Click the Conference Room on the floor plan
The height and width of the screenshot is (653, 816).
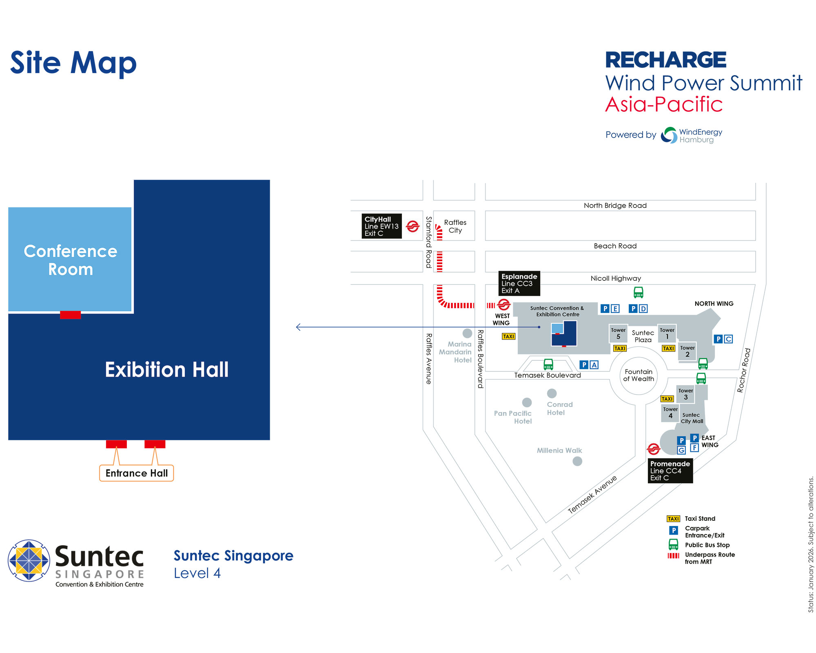point(70,260)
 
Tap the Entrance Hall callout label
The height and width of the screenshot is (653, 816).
point(137,473)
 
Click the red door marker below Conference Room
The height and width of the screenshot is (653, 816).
point(70,315)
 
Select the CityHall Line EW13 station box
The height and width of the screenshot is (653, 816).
point(381,226)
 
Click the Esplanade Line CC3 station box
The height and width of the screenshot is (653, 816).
point(519,283)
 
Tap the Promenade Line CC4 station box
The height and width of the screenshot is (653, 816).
point(670,471)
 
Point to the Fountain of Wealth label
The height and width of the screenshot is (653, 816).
point(639,375)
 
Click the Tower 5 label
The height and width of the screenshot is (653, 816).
point(618,333)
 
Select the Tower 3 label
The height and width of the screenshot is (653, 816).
point(685,394)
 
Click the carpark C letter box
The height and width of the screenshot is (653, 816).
point(728,339)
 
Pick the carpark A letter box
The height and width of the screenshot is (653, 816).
point(594,365)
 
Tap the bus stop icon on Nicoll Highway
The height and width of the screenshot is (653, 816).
point(638,292)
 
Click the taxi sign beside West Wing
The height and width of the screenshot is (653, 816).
point(508,336)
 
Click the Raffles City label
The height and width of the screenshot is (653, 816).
point(455,226)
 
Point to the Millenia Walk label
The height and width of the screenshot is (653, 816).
point(559,451)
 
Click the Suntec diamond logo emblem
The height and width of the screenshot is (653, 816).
point(29,560)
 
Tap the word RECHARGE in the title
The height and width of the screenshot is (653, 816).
point(665,60)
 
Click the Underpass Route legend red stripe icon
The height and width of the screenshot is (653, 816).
point(673,555)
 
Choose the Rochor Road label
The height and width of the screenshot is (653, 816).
point(744,370)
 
